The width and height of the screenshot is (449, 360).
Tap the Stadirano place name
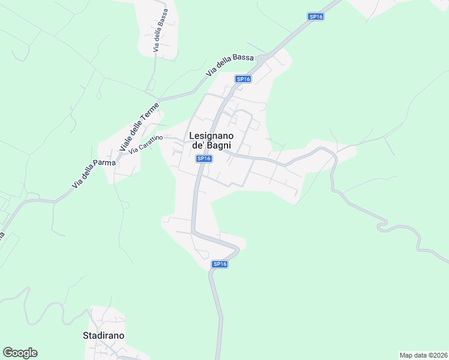click(103, 335)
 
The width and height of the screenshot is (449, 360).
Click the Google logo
click(20, 353)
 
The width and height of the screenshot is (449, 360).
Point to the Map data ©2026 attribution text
click(423, 355)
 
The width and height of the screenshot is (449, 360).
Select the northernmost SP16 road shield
click(316, 17)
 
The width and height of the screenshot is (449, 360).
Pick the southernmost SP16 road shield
click(220, 264)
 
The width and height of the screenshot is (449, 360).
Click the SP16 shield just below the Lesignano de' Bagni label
click(204, 158)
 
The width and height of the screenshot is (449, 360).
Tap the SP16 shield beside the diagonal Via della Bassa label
click(243, 79)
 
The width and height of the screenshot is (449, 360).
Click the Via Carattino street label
click(145, 143)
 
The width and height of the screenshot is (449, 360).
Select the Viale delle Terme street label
click(139, 127)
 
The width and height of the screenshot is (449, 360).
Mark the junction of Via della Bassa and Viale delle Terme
click(158, 98)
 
